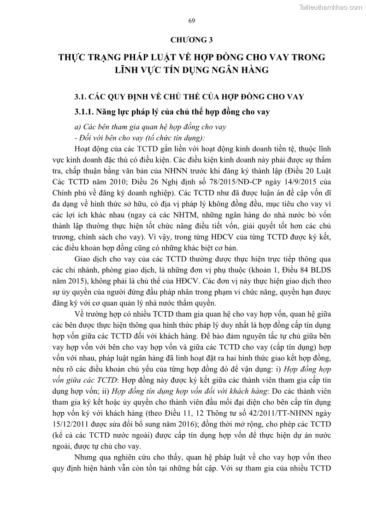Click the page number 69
click(192, 20)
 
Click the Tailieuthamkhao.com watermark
click(330, 7)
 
